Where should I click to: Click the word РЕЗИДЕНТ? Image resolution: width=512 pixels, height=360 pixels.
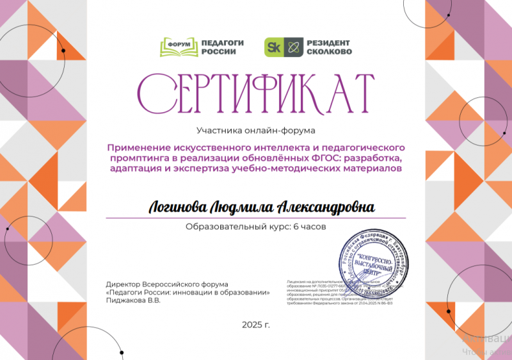(329, 42)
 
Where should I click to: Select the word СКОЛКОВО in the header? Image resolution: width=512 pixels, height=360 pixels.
(329, 52)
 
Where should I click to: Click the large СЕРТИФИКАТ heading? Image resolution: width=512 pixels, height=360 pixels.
(256, 93)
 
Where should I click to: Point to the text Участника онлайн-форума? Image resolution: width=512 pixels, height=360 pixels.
(256, 131)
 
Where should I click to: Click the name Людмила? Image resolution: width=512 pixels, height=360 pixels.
(239, 208)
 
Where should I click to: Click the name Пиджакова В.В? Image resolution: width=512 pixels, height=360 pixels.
(133, 300)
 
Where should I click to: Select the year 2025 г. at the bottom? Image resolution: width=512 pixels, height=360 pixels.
(256, 325)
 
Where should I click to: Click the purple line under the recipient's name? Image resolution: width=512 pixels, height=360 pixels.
(256, 218)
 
